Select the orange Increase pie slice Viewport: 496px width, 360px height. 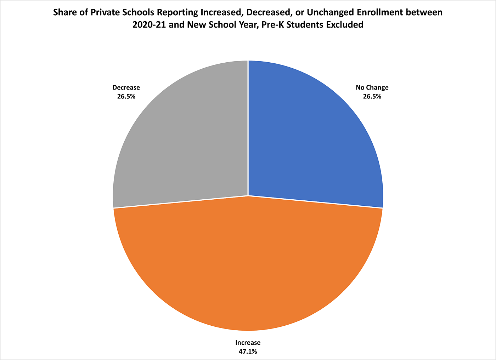point(248,265)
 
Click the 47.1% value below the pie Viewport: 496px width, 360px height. point(248,352)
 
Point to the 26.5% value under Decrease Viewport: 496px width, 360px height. point(126,96)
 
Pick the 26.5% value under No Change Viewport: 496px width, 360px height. point(372,96)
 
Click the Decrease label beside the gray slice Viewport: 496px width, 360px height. point(126,87)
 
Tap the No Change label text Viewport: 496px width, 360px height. point(372,87)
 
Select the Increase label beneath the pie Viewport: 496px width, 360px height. point(248,343)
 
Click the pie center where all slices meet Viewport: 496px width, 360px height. point(248,195)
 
